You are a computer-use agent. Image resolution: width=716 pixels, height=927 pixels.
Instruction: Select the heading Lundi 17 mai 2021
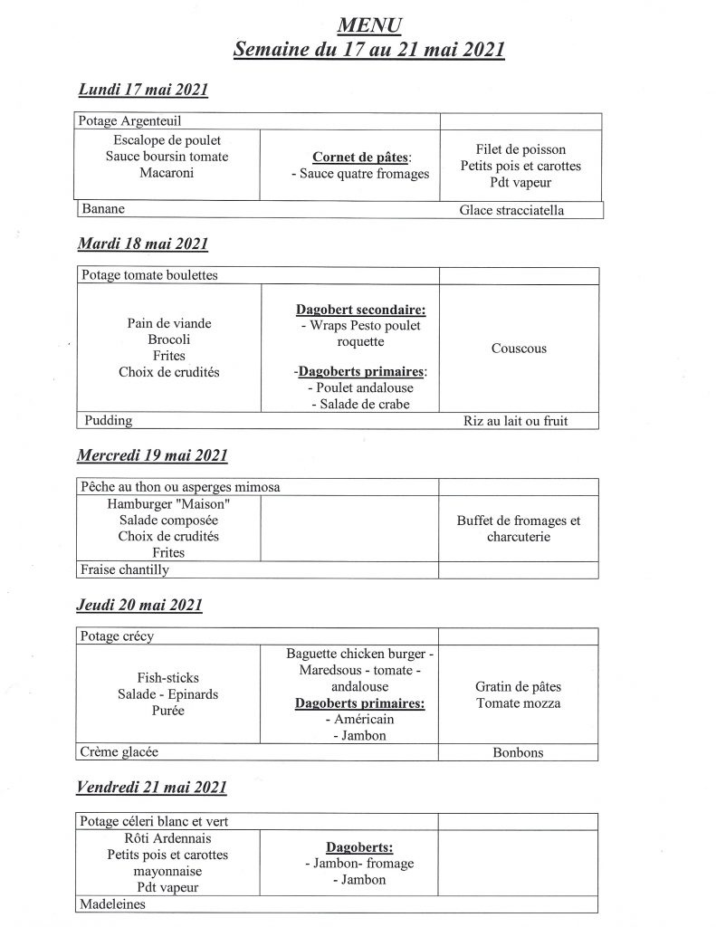tap(144, 89)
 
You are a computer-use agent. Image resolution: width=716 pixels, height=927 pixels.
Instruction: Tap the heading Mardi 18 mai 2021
tap(143, 244)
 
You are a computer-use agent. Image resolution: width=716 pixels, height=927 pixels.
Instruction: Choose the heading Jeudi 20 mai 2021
tap(140, 605)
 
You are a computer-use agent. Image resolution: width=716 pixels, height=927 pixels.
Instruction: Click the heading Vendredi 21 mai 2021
tap(152, 788)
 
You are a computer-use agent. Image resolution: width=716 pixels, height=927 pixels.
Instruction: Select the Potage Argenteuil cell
tap(136, 120)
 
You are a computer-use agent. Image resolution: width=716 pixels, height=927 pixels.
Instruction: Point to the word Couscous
tap(519, 348)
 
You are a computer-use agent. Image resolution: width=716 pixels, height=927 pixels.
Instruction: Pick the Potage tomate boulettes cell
tap(149, 275)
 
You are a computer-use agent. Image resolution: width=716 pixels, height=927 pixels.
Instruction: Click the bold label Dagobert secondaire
tap(348, 310)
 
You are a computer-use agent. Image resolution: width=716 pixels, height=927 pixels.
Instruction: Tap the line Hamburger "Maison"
tap(168, 503)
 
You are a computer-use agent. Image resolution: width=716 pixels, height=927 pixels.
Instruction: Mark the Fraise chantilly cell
tap(125, 569)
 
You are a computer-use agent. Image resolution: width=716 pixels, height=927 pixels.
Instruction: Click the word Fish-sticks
tap(168, 677)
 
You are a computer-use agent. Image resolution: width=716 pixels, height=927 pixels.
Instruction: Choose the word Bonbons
tap(519, 752)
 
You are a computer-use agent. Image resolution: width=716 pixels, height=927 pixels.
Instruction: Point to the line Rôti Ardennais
tap(168, 838)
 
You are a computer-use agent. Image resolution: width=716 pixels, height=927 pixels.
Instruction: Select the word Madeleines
tap(113, 903)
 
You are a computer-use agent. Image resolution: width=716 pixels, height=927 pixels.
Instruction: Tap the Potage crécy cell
tap(118, 636)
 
